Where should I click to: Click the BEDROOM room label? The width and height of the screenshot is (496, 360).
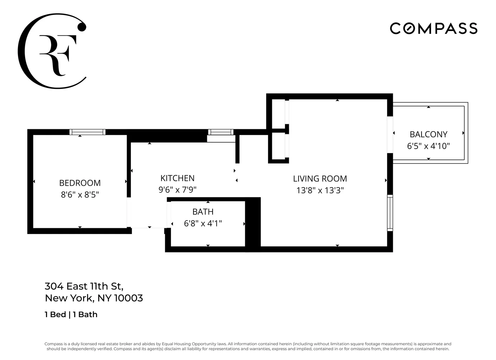pos(80,183)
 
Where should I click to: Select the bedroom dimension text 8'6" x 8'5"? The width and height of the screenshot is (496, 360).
pos(80,195)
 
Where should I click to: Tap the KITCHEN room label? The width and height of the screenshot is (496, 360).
pos(177,178)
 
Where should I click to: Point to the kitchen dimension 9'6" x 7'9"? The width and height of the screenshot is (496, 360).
pos(177,190)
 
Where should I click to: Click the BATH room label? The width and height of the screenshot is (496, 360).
pos(203,212)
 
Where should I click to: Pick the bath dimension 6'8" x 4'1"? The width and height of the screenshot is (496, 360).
pos(203,224)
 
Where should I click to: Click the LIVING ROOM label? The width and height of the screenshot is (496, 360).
pos(320,179)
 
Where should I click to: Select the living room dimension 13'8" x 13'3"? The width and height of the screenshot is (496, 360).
pos(320,190)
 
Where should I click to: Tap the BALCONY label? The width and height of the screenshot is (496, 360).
pos(428,134)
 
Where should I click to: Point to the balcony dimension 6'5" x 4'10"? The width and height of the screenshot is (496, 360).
pos(428,146)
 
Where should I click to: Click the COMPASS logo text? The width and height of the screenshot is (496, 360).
pos(433,28)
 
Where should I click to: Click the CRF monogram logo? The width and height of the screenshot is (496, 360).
pos(52,51)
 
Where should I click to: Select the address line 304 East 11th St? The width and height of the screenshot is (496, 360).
pos(84,286)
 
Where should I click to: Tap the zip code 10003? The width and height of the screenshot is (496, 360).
pos(128,298)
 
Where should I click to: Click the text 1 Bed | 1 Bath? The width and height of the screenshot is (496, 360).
pos(71,315)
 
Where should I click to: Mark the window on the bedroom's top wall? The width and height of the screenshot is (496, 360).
pos(87,132)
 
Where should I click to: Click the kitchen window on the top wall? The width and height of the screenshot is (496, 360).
pos(220,132)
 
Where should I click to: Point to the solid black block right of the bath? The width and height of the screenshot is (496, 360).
pos(253,223)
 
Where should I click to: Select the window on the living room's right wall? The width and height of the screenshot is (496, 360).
pos(390,212)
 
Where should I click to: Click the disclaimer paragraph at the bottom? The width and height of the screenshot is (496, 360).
pos(248,346)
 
